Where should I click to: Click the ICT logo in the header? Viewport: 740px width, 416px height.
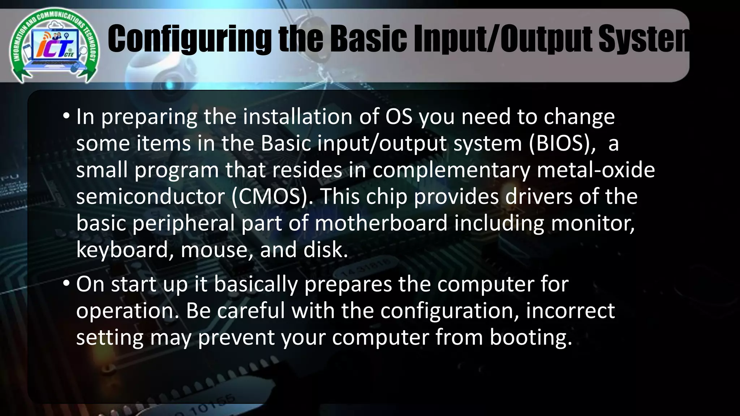[54, 45]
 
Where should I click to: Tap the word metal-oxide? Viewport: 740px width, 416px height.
[596, 170]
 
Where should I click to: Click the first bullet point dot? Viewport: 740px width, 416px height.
[66, 116]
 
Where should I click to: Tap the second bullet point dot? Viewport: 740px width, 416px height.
[66, 284]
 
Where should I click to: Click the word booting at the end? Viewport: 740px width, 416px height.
[531, 338]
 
